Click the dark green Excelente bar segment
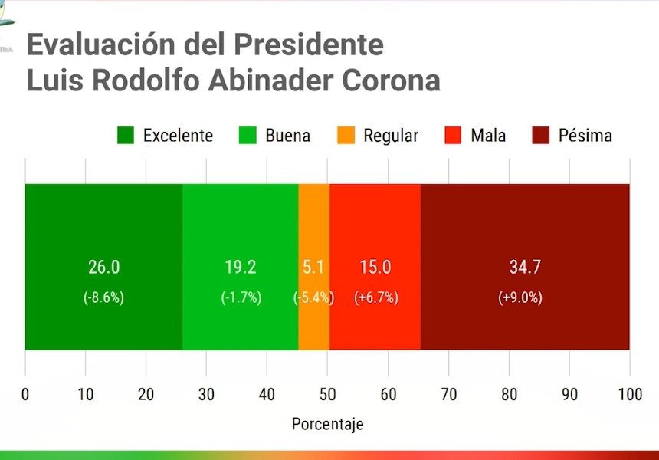(103, 267)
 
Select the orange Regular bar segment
(314, 267)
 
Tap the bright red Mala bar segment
(375, 267)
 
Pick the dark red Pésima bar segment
(525, 267)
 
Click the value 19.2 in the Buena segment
(241, 267)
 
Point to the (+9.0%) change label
(520, 297)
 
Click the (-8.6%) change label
(103, 297)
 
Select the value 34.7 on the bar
(525, 267)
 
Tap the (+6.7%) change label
(376, 297)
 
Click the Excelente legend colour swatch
(126, 136)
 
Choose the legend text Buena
(288, 136)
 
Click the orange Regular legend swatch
(346, 136)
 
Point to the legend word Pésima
(585, 136)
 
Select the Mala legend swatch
(453, 136)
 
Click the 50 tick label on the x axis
(327, 394)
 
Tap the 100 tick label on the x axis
(630, 394)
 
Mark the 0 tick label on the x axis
(25, 394)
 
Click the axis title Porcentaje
(327, 424)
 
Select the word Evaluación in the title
(101, 44)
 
